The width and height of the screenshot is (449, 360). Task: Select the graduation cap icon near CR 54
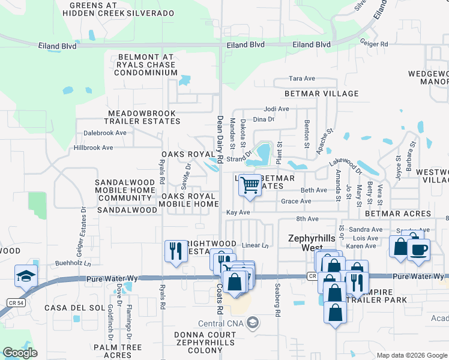pyautogui.click(x=26, y=276)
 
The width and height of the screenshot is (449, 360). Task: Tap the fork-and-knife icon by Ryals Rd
pyautogui.click(x=175, y=251)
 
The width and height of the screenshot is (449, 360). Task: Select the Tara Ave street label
pyautogui.click(x=302, y=79)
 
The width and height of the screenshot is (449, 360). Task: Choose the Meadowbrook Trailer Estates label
pyautogui.click(x=143, y=117)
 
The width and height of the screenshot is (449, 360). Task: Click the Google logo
pyautogui.click(x=20, y=352)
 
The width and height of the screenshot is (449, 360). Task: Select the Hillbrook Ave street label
pyautogui.click(x=93, y=148)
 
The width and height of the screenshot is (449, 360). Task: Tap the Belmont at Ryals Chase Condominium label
pyautogui.click(x=143, y=65)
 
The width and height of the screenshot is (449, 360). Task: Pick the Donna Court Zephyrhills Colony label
pyautogui.click(x=206, y=340)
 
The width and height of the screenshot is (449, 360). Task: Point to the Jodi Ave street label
pyautogui.click(x=277, y=109)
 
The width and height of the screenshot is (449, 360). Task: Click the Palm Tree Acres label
pyautogui.click(x=118, y=351)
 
